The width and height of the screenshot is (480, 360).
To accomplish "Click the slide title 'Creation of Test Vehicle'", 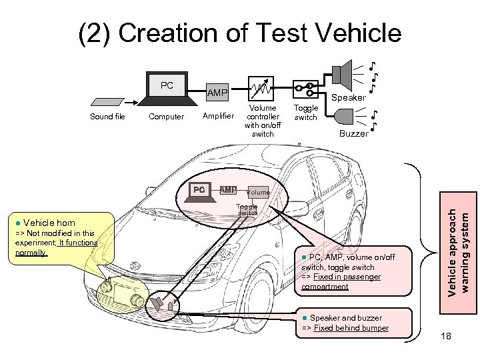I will pyautogui.click(x=240, y=33).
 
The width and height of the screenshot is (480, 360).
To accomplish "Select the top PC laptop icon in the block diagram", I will pyautogui.click(x=167, y=90).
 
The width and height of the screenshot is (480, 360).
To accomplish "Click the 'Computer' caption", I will pyautogui.click(x=166, y=117).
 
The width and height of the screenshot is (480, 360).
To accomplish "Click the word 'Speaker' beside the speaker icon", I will pyautogui.click(x=349, y=97).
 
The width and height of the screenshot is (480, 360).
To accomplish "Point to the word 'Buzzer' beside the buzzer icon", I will pyautogui.click(x=353, y=133).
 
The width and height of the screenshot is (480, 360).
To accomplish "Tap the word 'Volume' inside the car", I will pyautogui.click(x=258, y=193).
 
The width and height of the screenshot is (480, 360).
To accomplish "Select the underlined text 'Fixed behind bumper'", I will pyautogui.click(x=351, y=328).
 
